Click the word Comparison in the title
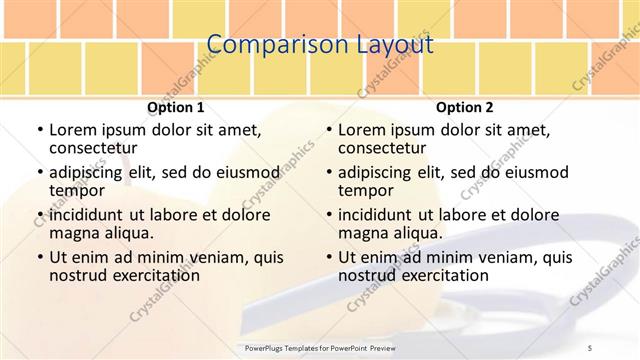265,46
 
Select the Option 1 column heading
176,108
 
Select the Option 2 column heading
465,108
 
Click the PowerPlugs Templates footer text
329,347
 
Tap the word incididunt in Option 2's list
378,214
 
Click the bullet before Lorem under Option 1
39,130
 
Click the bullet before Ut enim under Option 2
328,257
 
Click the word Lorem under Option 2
362,129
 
